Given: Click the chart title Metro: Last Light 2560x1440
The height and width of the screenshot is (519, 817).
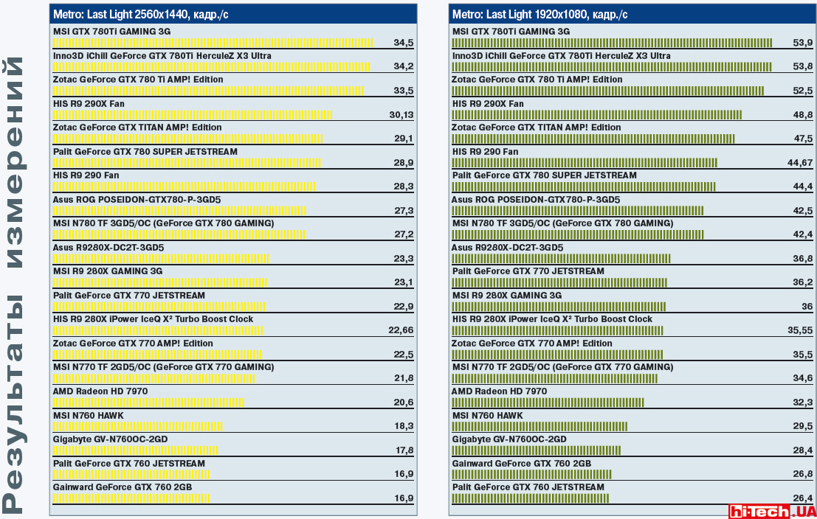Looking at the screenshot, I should click(x=140, y=14).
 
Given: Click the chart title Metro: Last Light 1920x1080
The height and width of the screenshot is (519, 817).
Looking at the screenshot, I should click(x=540, y=14).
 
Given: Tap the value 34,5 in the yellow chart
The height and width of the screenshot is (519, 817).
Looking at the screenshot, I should click(x=403, y=43).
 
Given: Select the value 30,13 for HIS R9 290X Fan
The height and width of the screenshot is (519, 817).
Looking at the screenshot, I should click(x=401, y=115).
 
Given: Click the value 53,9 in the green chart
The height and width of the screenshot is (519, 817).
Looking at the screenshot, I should click(x=802, y=43).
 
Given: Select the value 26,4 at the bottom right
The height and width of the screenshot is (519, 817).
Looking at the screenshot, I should click(x=802, y=498).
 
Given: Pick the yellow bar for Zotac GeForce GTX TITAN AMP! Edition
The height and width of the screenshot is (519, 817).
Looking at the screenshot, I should click(x=188, y=139).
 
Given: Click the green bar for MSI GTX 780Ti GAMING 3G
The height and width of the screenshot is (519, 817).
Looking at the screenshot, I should click(x=612, y=43).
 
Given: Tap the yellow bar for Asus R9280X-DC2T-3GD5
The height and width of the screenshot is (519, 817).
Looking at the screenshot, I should click(x=161, y=259).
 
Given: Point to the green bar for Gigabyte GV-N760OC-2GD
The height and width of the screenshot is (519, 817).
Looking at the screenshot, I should click(x=536, y=450).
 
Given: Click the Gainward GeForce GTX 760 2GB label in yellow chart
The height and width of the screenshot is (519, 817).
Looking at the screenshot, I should click(x=123, y=487).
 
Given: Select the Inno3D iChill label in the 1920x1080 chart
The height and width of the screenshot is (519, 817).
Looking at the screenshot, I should click(x=561, y=56).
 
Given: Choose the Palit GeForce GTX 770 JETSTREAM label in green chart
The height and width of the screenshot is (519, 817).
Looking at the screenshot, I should click(x=528, y=271).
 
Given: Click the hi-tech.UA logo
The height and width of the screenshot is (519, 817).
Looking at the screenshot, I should click(x=771, y=510).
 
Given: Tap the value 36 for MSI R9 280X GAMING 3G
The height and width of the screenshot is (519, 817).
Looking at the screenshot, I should click(x=806, y=307).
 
